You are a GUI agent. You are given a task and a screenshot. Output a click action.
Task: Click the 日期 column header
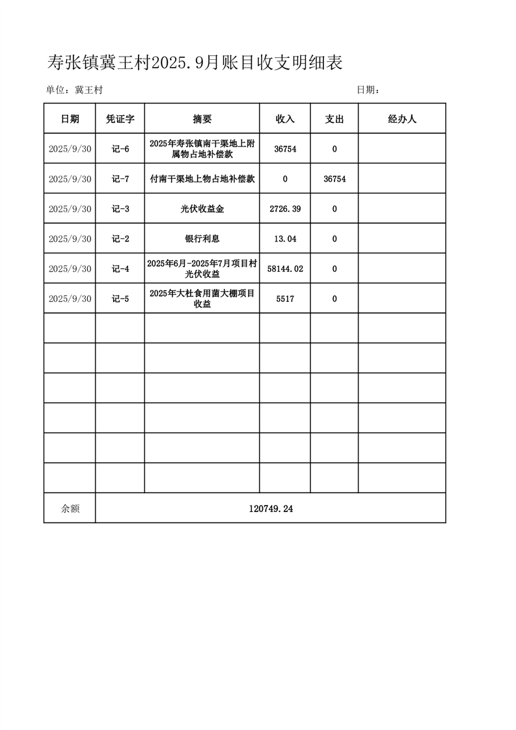point(70,119)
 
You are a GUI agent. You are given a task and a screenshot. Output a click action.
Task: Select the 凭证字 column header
point(120,119)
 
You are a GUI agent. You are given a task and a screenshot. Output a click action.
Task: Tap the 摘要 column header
point(202,119)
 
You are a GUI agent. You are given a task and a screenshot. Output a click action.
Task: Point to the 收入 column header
point(285,119)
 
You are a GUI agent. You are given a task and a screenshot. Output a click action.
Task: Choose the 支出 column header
point(334,119)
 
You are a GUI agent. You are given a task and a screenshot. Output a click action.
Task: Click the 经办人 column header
point(402,119)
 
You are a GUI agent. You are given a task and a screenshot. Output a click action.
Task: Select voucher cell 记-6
point(120,149)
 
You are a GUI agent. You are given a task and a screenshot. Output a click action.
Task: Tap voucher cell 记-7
point(120,179)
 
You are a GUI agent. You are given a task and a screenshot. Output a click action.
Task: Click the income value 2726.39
point(285,209)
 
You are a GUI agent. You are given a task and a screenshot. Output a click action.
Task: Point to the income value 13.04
point(285,239)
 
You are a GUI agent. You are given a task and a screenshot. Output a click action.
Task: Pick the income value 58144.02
point(285,269)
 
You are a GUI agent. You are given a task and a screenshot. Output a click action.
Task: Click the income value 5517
point(285,299)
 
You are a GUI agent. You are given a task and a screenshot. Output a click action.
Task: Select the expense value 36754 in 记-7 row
point(334,179)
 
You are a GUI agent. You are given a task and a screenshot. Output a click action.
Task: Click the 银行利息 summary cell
point(202,239)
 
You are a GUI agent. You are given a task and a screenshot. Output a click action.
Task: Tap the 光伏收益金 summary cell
point(202,209)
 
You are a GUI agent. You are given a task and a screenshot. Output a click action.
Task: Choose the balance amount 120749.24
point(271,509)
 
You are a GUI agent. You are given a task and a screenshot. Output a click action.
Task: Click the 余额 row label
point(70,509)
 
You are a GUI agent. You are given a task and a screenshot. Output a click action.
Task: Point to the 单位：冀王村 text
point(74,90)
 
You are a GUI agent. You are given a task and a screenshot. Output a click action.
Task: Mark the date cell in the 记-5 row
point(70,299)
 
